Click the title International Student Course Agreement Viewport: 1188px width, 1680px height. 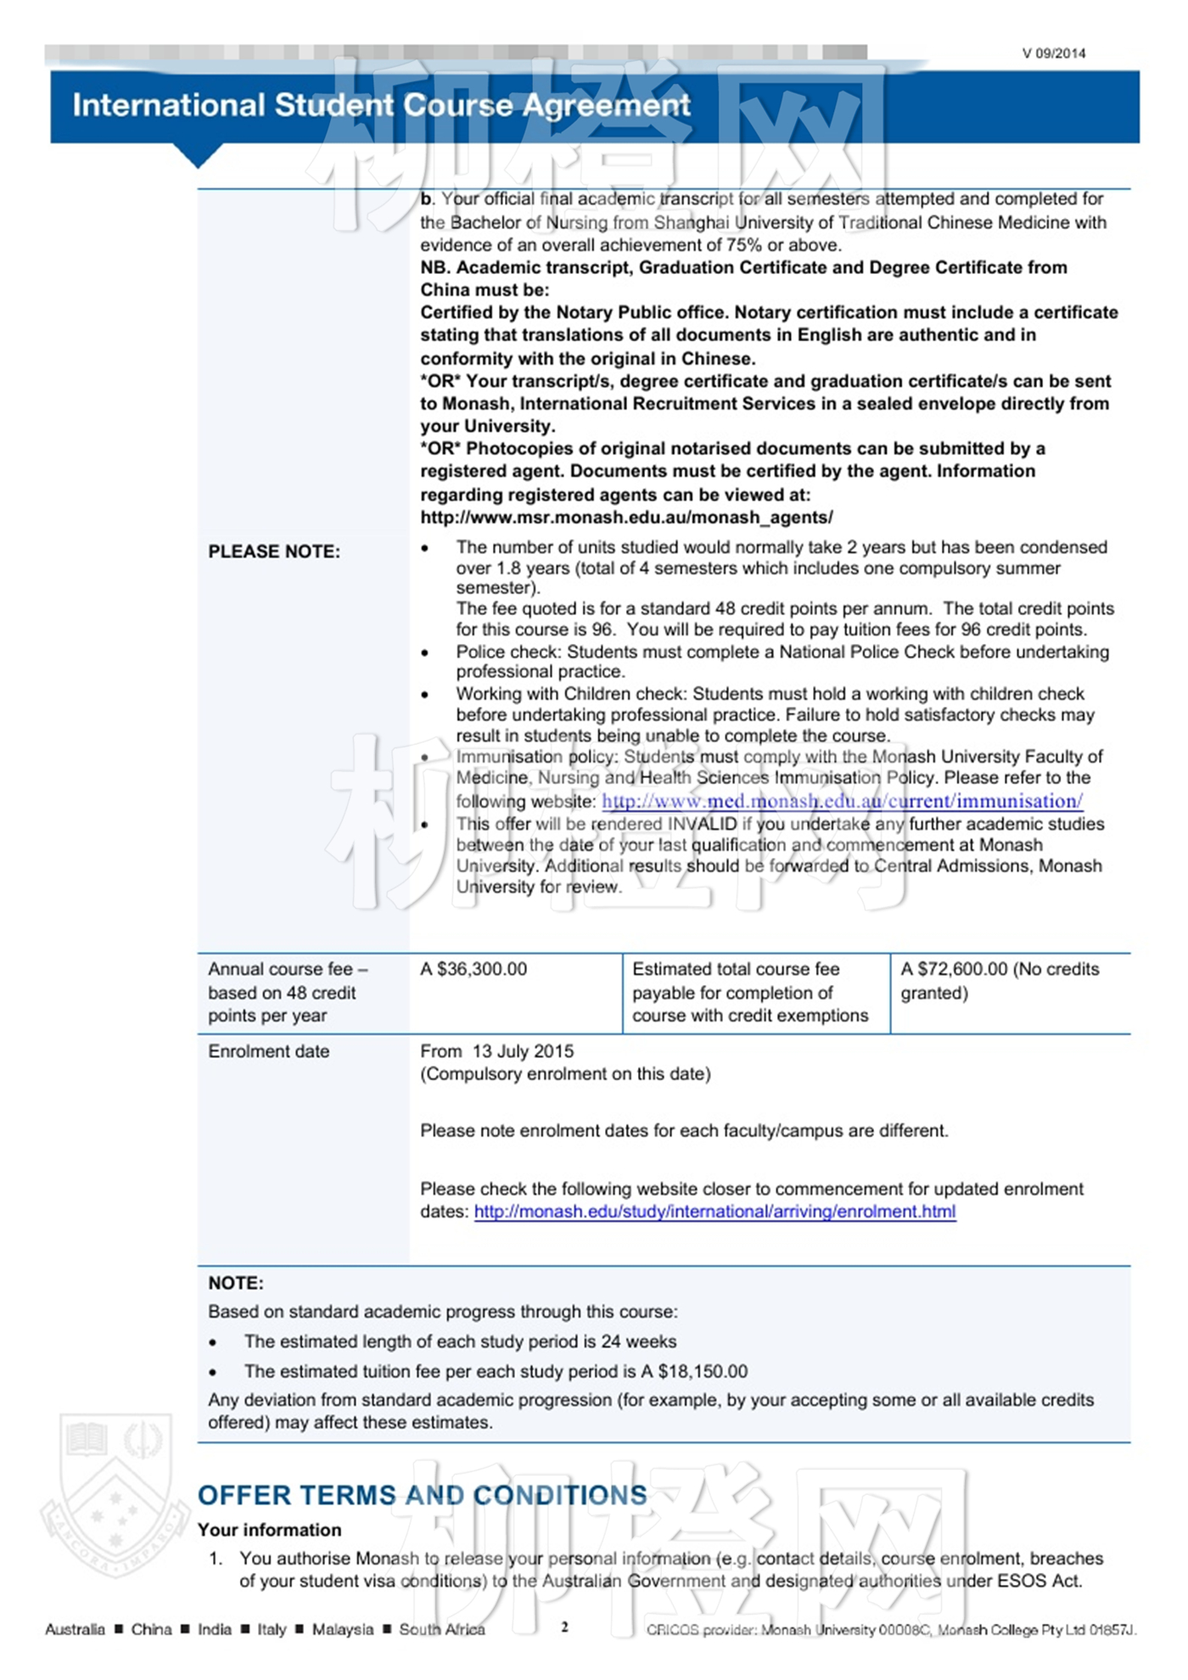click(381, 105)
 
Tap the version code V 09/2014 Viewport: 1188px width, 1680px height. click(1053, 53)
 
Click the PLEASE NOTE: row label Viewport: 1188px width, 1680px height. click(274, 552)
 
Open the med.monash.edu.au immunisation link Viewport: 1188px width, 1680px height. click(842, 801)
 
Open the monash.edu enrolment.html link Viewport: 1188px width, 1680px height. click(714, 1212)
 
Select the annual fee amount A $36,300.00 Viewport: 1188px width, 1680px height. click(474, 969)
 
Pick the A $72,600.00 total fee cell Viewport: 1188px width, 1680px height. click(999, 980)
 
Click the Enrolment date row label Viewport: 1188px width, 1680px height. click(268, 1051)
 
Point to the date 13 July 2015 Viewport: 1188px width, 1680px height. click(523, 1051)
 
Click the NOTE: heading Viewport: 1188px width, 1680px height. click(236, 1283)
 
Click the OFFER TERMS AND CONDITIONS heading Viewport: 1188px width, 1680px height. click(422, 1495)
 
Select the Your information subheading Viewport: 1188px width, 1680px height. click(269, 1530)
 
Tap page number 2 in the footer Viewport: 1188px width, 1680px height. click(564, 1627)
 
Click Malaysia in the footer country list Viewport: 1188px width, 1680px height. click(342, 1629)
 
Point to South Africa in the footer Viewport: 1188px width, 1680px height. click(441, 1629)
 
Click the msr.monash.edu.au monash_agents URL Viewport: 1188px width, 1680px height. click(626, 517)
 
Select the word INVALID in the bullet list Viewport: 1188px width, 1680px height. click(702, 824)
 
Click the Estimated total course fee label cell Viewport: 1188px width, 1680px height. click(750, 992)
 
